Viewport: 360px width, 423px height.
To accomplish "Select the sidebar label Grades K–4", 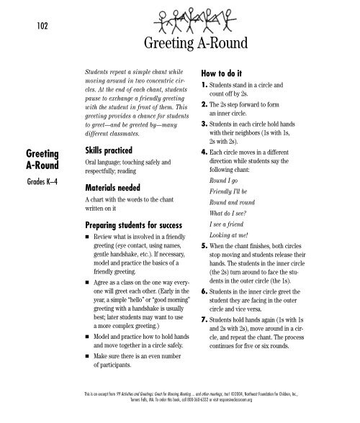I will [x=43, y=179].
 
